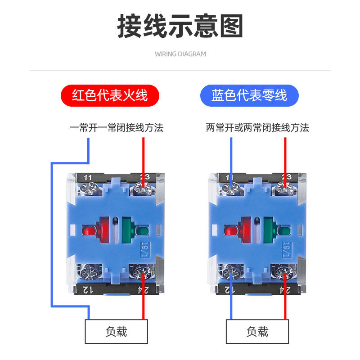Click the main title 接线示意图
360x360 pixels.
click(180, 26)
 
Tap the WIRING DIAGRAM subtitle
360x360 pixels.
click(180, 54)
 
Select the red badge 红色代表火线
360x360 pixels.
click(110, 95)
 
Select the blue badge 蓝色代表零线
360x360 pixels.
click(249, 95)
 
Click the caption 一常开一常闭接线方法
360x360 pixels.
click(116, 128)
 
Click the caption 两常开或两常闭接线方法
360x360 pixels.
click(257, 128)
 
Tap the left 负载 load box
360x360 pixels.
click(117, 332)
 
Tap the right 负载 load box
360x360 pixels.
click(257, 332)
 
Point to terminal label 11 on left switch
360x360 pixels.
click(88, 177)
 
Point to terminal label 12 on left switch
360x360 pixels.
click(88, 289)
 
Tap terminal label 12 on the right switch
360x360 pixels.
click(229, 289)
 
